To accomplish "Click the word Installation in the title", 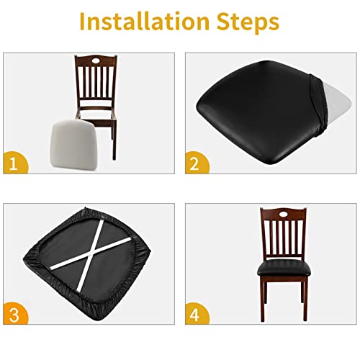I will [x=141, y=21].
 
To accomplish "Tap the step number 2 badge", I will [x=192, y=163].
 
